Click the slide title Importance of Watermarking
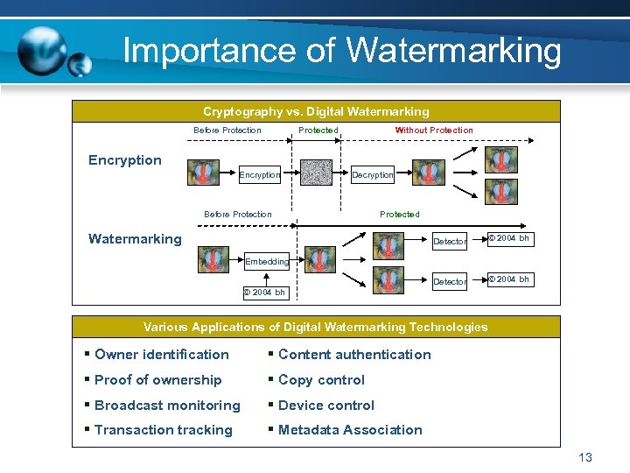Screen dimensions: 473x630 click(x=342, y=50)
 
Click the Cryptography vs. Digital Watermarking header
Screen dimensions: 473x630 click(x=316, y=111)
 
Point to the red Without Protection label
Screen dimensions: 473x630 click(x=434, y=131)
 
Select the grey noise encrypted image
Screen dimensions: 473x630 click(x=316, y=173)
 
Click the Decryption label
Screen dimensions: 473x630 click(x=373, y=175)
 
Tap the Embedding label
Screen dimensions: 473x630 click(x=267, y=261)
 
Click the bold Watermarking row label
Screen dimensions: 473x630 click(x=136, y=238)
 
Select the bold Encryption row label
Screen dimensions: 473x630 click(x=125, y=159)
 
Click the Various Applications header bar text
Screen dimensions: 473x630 click(x=316, y=327)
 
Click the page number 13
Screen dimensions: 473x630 click(x=585, y=457)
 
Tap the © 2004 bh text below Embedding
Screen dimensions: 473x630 click(x=264, y=293)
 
